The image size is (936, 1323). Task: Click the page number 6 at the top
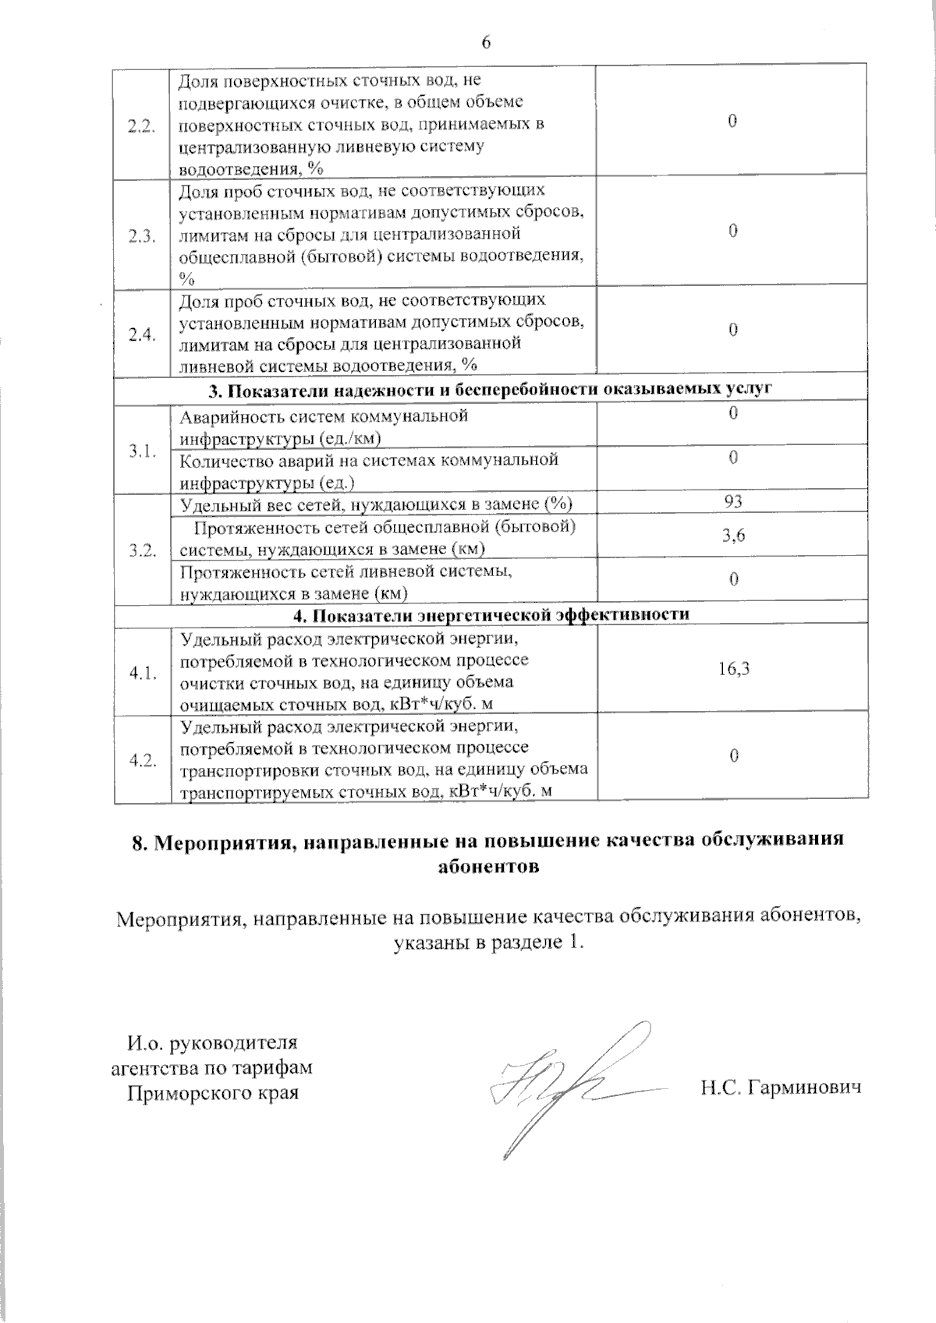point(486,42)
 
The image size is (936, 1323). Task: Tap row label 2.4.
point(142,334)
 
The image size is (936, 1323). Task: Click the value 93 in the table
point(732,501)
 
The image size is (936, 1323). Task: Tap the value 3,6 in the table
point(732,535)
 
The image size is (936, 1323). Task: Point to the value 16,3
point(733,668)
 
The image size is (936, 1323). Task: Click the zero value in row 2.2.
point(732,121)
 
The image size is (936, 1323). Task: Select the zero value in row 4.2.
point(732,755)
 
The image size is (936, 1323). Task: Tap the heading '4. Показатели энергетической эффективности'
point(491,614)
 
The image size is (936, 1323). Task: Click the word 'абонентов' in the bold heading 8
point(488,866)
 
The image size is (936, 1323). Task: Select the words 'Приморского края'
point(213,1092)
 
